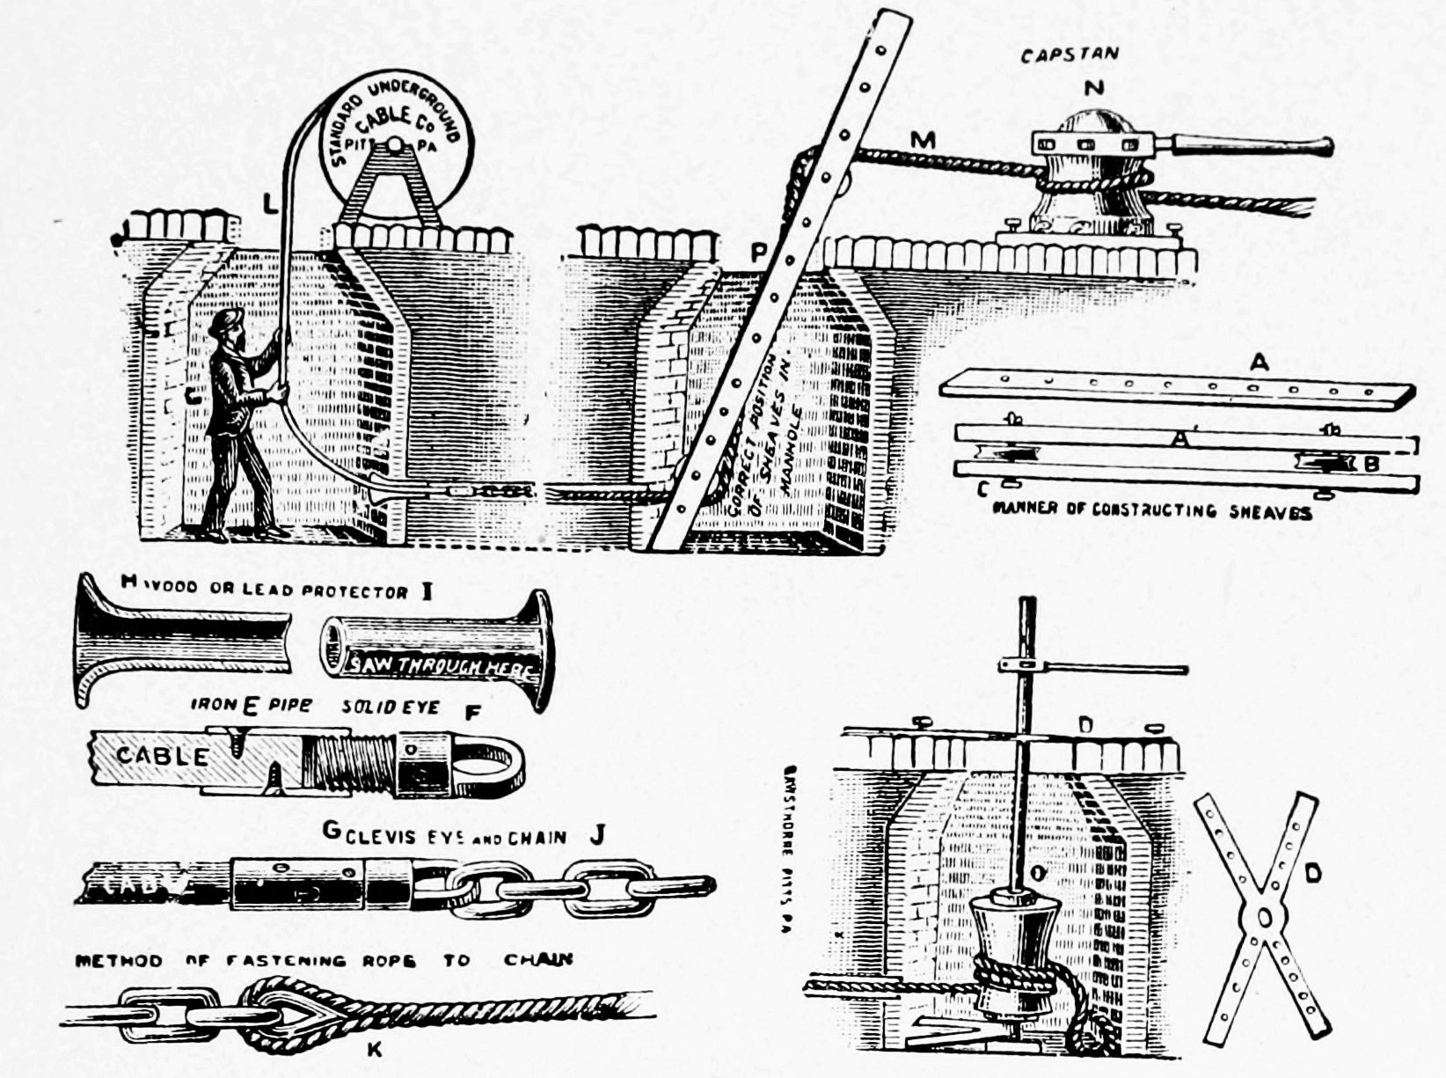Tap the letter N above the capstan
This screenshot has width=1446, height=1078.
1093,88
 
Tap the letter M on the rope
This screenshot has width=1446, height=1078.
923,139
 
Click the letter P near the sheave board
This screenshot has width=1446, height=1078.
758,254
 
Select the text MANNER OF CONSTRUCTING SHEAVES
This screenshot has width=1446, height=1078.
1151,511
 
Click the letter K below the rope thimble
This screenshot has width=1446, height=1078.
374,1048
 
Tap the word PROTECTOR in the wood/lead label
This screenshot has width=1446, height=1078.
354,591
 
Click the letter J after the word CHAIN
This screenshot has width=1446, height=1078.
597,835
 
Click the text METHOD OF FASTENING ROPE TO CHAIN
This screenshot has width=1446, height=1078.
324,960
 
